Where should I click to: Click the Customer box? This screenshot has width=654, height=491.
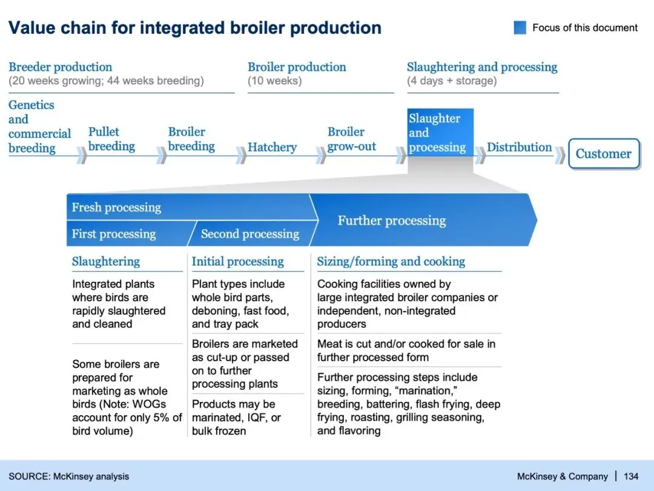(603, 154)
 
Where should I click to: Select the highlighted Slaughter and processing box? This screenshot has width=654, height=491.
(440, 133)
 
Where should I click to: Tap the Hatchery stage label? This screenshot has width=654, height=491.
(272, 147)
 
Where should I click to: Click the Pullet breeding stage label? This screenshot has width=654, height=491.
(111, 139)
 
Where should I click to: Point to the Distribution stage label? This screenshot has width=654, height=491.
(519, 147)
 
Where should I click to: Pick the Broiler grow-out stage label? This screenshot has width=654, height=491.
(351, 139)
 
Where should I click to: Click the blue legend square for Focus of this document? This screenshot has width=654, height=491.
(520, 28)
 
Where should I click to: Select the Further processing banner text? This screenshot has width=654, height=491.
(391, 221)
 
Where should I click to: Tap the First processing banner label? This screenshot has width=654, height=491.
(113, 234)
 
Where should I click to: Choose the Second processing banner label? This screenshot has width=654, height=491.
(249, 234)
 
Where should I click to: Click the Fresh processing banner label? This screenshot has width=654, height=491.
(116, 207)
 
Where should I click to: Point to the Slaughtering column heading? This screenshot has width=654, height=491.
(105, 262)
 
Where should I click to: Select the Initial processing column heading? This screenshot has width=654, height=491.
(237, 262)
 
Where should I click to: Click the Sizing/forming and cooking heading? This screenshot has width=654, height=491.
(391, 262)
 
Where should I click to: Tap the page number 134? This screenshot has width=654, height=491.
(631, 476)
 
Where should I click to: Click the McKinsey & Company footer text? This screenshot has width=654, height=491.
(562, 476)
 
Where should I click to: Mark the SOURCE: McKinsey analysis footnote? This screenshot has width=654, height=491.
(68, 476)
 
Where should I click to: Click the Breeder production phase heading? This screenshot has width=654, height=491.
(60, 67)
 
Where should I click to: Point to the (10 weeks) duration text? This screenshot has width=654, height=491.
(274, 81)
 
